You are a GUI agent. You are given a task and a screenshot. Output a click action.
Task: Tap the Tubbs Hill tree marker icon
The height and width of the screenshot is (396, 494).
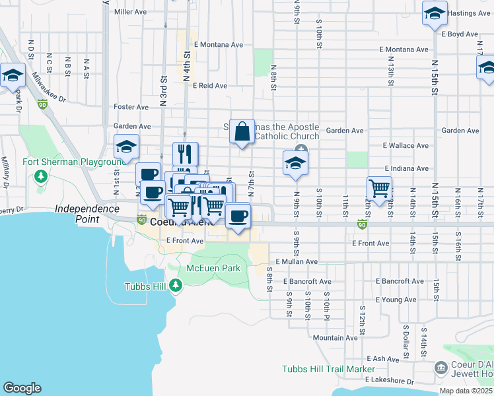tap(175, 286)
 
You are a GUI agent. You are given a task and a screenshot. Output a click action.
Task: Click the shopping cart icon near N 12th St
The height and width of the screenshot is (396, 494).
tap(380, 188)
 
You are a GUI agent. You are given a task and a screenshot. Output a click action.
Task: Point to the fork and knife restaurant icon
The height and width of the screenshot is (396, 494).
tap(186, 154)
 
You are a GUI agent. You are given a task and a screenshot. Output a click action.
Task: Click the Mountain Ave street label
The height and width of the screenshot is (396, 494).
tap(335, 338)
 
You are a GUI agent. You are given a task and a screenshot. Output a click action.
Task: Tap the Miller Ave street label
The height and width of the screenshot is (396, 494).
tap(130, 12)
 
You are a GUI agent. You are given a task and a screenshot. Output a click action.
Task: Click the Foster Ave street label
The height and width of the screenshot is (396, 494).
tap(131, 107)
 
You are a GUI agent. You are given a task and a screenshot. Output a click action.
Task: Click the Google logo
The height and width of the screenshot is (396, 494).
tap(22, 388)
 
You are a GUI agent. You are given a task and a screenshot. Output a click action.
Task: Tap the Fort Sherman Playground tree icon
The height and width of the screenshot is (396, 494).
tap(41, 176)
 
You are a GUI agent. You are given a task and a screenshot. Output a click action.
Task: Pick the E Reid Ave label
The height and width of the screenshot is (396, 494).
tap(210, 86)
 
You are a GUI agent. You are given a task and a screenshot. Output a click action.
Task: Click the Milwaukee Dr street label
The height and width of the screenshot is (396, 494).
tap(50, 90)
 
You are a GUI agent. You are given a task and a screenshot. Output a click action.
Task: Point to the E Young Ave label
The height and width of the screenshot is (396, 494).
tap(396, 300)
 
